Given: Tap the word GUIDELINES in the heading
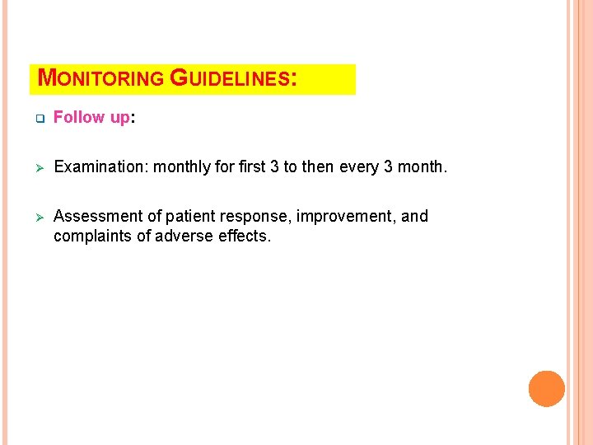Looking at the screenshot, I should (230, 79).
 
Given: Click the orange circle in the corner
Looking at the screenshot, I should (547, 388).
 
